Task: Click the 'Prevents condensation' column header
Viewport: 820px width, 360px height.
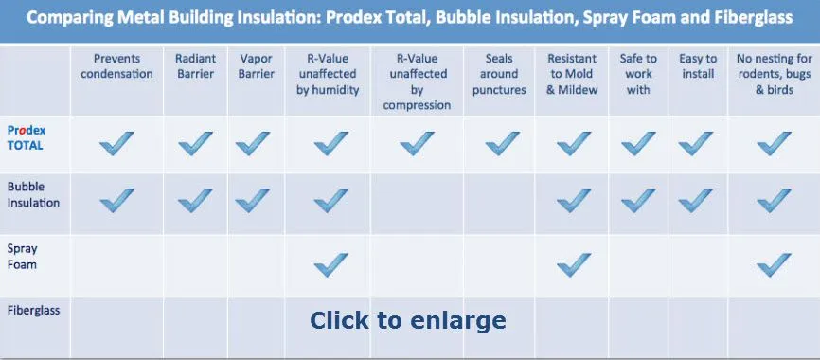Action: click(116, 66)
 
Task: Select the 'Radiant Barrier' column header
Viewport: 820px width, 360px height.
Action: click(196, 66)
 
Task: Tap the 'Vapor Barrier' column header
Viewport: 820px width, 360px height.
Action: click(257, 66)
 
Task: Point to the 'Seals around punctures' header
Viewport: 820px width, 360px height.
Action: click(499, 74)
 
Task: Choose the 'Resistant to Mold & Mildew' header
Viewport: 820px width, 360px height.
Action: click(572, 74)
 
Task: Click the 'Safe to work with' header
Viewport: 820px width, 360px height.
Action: click(638, 74)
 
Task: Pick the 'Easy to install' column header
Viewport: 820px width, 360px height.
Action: click(698, 66)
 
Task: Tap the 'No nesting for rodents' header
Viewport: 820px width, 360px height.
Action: click(774, 74)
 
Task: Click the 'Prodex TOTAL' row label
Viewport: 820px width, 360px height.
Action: click(27, 137)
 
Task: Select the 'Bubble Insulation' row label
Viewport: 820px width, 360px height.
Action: click(33, 194)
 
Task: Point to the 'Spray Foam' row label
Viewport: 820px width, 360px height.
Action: click(22, 257)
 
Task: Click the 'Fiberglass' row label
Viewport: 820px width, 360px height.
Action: click(33, 311)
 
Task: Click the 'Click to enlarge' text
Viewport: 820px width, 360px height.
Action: click(408, 320)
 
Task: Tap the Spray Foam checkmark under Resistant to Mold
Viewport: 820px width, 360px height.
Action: click(574, 264)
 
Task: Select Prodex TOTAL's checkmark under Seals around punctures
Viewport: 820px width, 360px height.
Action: click(502, 143)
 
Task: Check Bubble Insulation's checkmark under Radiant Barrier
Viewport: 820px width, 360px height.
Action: click(195, 201)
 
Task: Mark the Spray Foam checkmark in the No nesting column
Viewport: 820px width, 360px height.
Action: click(774, 264)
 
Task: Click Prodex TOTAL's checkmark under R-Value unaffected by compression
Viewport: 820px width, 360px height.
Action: click(417, 143)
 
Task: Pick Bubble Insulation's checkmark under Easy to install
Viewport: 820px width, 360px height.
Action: click(696, 201)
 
